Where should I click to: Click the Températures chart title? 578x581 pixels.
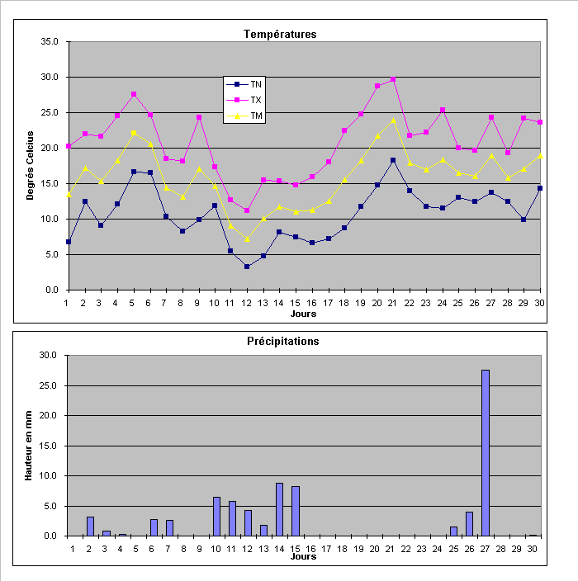280,34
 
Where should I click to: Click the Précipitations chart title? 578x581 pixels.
282,341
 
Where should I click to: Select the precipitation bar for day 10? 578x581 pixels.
216,516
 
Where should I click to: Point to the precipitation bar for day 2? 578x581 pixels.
90,527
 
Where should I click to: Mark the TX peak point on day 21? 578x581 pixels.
393,80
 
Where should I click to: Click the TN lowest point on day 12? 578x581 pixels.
247,267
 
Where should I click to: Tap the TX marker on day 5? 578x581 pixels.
134,94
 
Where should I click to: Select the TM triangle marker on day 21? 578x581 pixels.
393,120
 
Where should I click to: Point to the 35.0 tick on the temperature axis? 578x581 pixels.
50,41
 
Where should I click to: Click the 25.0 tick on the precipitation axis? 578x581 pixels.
50,385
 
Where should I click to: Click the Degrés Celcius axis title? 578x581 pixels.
31,165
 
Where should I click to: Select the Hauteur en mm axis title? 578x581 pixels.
31,446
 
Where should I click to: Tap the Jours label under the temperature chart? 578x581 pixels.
303,314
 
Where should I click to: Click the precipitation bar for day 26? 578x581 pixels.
469,523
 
